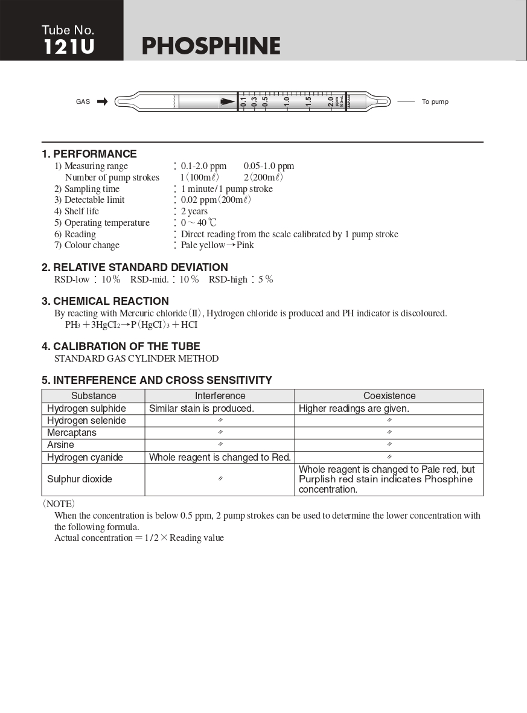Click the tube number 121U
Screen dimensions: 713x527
point(69,46)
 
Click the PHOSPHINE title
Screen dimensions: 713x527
point(211,46)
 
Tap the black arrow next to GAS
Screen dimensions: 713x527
point(102,101)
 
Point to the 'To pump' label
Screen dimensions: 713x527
point(435,101)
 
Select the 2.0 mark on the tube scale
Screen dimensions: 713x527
point(330,101)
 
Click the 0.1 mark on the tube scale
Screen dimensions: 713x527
point(243,101)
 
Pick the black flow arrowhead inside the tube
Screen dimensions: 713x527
point(228,101)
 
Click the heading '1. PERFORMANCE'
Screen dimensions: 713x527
point(89,154)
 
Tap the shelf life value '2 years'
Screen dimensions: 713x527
point(194,211)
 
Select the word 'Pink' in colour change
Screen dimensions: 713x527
point(245,245)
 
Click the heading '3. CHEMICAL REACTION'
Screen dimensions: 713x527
point(105,301)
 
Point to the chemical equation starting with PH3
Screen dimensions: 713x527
point(131,325)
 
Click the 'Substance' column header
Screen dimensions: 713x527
point(94,396)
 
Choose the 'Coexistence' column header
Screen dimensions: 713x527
point(389,396)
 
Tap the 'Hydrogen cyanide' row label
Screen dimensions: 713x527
point(85,458)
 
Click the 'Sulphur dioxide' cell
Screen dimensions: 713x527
point(80,479)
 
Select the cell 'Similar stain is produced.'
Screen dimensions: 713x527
point(202,409)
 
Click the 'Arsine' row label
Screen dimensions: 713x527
point(60,445)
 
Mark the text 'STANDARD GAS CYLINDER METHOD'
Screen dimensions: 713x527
point(136,359)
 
